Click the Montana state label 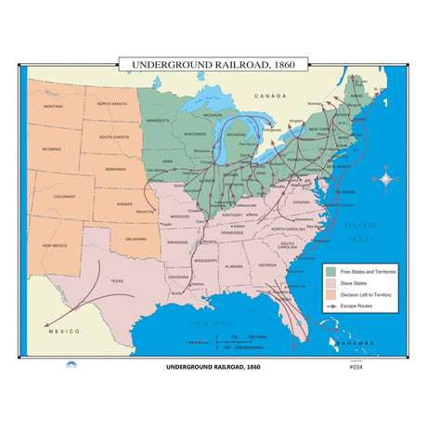click(x=53, y=107)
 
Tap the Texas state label click(x=116, y=280)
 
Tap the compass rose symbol click(x=386, y=178)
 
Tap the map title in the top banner click(x=213, y=66)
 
